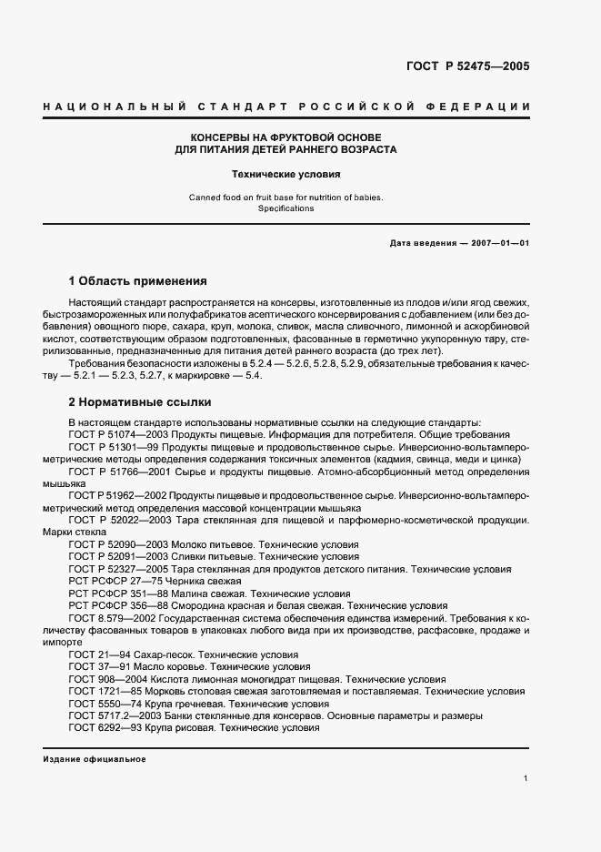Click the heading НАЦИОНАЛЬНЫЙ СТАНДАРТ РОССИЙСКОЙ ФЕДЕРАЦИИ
pos(286,107)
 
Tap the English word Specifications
pos(285,208)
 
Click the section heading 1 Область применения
pos(138,280)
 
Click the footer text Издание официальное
pos(95,759)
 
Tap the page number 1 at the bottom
pos(526,778)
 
